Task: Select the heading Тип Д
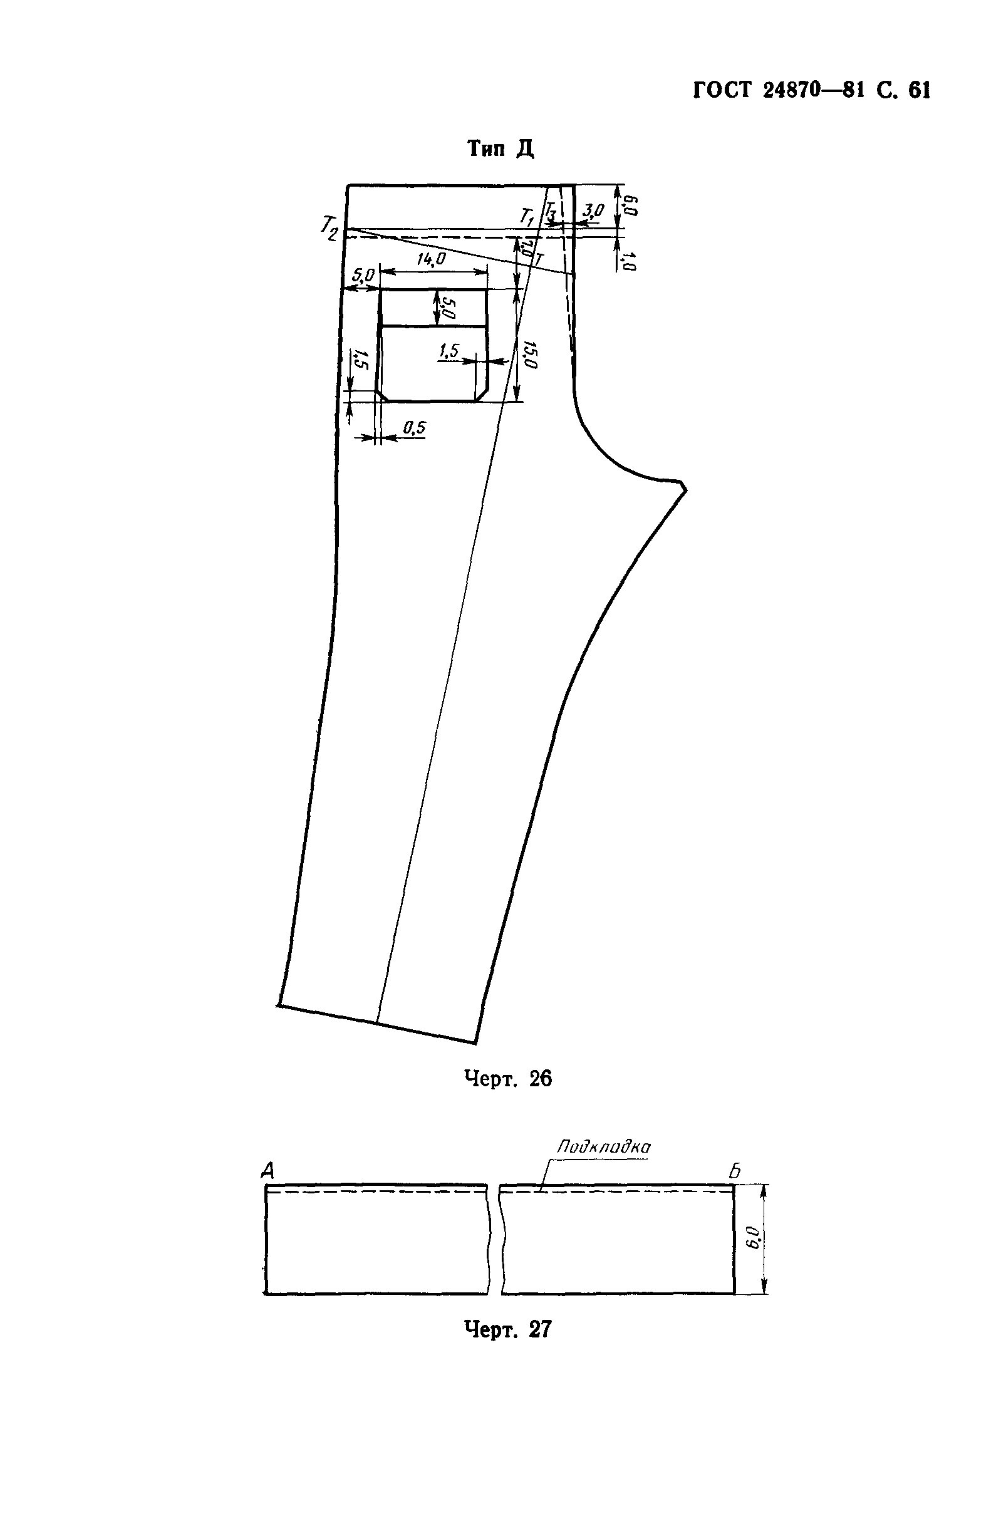click(x=501, y=148)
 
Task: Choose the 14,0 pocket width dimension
click(x=431, y=259)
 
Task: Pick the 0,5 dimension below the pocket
click(x=414, y=428)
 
